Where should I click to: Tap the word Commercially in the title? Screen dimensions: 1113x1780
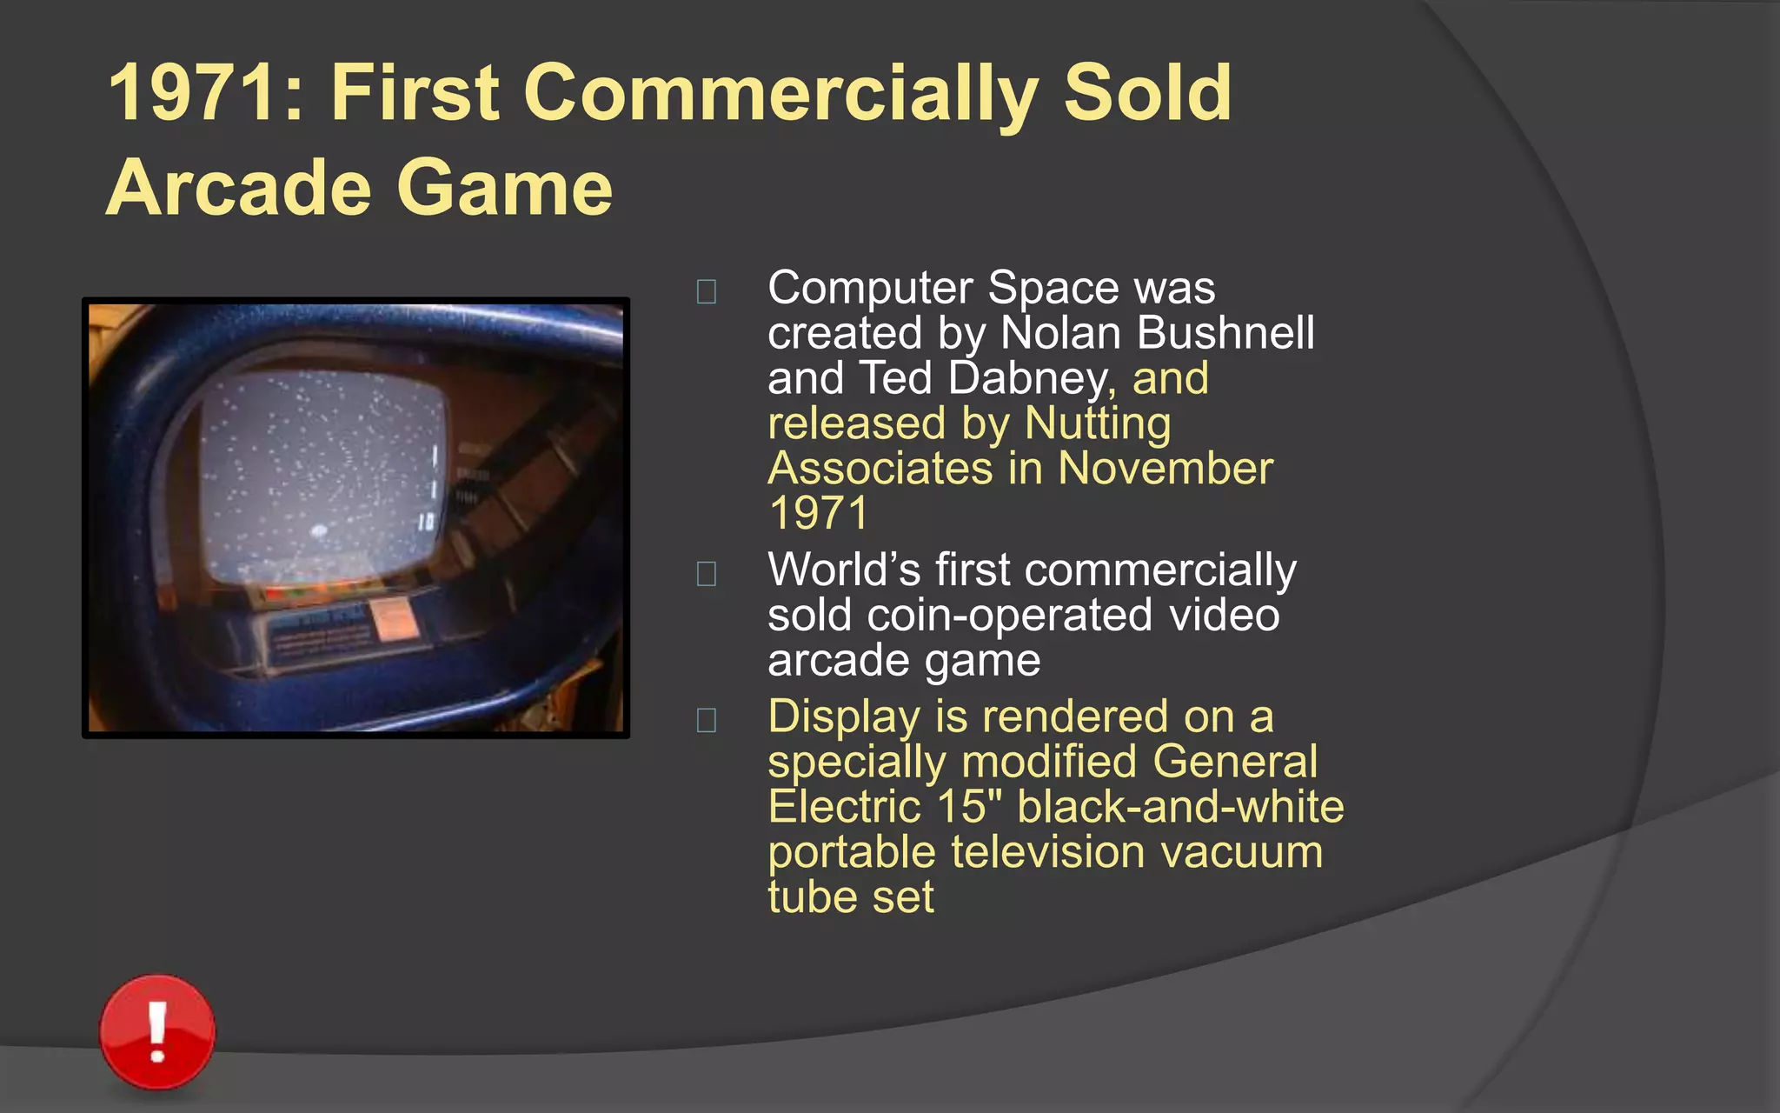pyautogui.click(x=780, y=94)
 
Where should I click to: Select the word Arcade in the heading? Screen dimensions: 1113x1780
pyautogui.click(x=236, y=188)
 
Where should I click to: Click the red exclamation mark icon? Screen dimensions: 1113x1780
pyautogui.click(x=157, y=1032)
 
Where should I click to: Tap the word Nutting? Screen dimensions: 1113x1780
pyautogui.click(x=1097, y=424)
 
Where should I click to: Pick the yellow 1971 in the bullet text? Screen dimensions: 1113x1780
pyautogui.click(x=818, y=513)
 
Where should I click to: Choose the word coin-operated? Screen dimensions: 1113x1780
pyautogui.click(x=1009, y=616)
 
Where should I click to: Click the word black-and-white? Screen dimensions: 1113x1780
pyautogui.click(x=1180, y=806)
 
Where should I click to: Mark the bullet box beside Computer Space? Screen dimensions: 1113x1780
pyautogui.click(x=707, y=291)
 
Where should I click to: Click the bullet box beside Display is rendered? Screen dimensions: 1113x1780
pyautogui.click(x=707, y=720)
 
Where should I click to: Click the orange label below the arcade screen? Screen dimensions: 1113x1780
pyautogui.click(x=393, y=620)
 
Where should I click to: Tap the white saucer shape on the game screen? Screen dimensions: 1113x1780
pyautogui.click(x=318, y=529)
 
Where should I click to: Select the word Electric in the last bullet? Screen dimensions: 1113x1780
pyautogui.click(x=844, y=806)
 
